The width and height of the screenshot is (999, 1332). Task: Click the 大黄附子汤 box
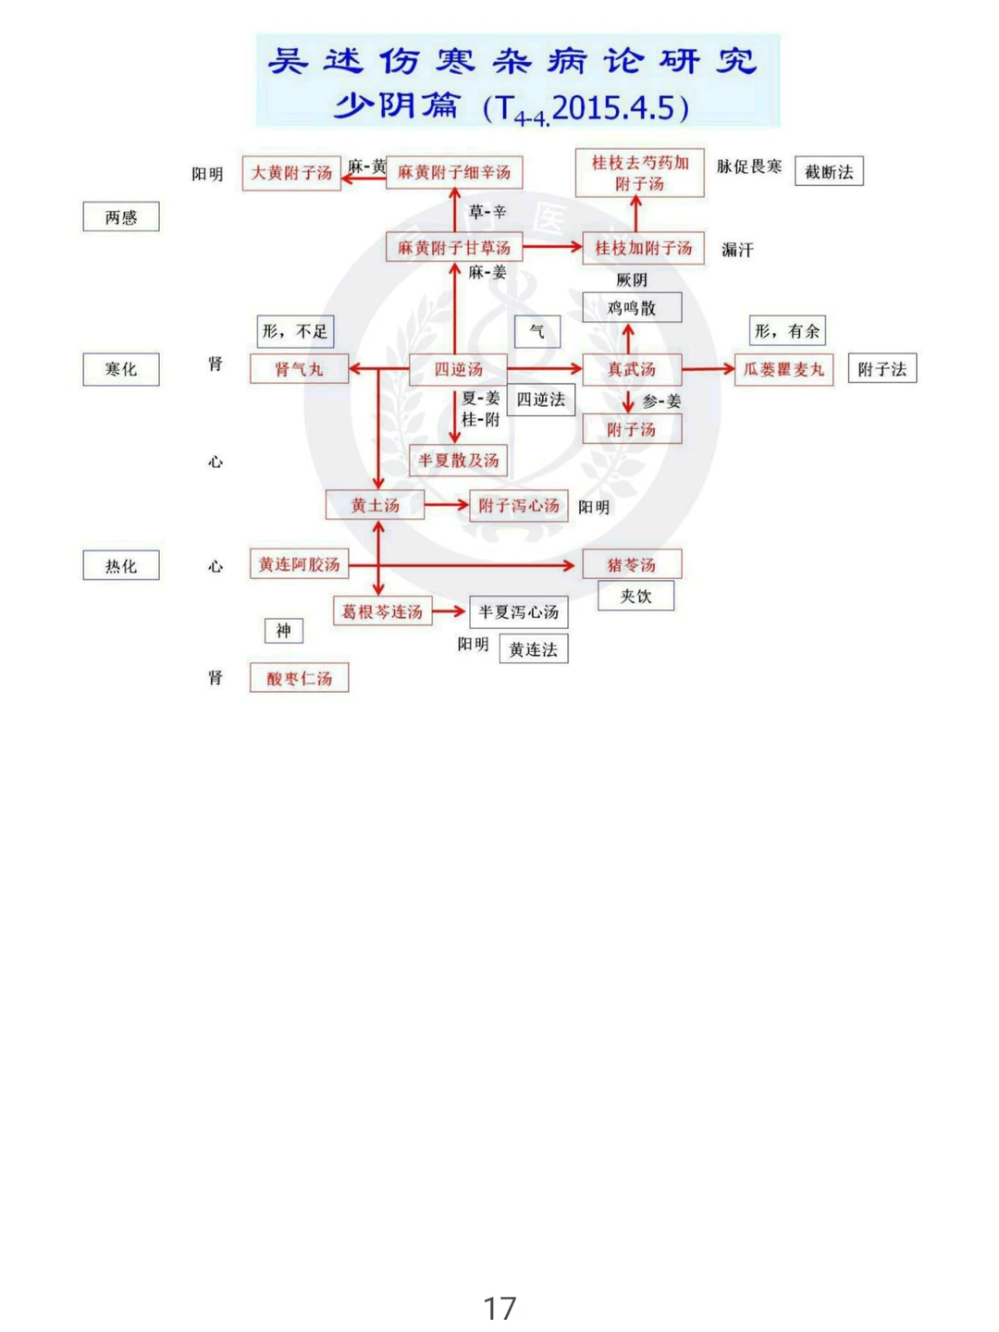(291, 173)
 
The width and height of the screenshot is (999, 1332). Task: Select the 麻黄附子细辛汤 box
(454, 172)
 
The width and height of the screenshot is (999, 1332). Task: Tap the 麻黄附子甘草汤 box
(454, 248)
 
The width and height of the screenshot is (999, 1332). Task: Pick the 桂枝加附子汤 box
(643, 248)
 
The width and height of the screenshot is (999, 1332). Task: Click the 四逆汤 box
(459, 369)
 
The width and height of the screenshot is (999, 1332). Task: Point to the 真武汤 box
(632, 369)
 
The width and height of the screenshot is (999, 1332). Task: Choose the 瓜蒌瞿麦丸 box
(783, 369)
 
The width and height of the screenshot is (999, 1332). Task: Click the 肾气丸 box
(299, 369)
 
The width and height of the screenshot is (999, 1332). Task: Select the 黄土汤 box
(375, 505)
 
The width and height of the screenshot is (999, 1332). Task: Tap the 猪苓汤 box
(632, 564)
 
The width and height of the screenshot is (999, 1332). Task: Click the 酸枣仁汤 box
(299, 678)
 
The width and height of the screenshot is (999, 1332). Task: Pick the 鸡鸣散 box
(632, 308)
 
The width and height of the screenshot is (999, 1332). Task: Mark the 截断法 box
(829, 172)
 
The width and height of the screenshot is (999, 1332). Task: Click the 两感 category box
(121, 217)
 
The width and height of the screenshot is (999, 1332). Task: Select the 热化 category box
(121, 565)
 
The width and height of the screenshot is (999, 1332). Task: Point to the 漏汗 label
(737, 250)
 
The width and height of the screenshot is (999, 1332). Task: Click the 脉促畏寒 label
(749, 166)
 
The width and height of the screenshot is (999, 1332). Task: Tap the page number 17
(499, 1308)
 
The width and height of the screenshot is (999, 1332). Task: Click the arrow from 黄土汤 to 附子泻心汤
(447, 505)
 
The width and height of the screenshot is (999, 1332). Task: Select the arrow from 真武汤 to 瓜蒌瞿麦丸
(708, 369)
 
